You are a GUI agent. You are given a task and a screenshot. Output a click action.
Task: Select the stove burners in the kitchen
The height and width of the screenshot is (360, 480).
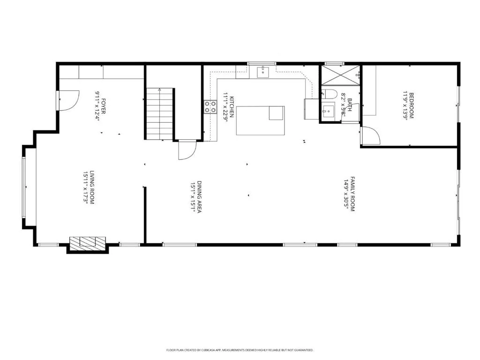coord(210,107)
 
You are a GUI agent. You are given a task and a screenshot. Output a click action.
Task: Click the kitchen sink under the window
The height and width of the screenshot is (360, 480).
coord(262,72)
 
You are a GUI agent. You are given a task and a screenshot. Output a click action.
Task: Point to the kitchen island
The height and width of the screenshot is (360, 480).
coord(261,120)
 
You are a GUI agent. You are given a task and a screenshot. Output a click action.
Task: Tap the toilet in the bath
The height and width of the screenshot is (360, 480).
coord(329,93)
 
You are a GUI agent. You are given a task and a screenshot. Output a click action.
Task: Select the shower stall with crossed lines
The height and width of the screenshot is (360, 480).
coord(340,75)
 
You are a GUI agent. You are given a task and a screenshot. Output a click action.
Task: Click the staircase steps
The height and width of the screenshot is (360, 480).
coord(160,114)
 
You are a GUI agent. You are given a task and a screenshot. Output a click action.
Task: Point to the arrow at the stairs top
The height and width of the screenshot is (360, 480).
coord(159,90)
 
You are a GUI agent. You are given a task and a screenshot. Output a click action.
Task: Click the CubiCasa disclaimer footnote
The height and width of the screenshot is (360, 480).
coord(240,350)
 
